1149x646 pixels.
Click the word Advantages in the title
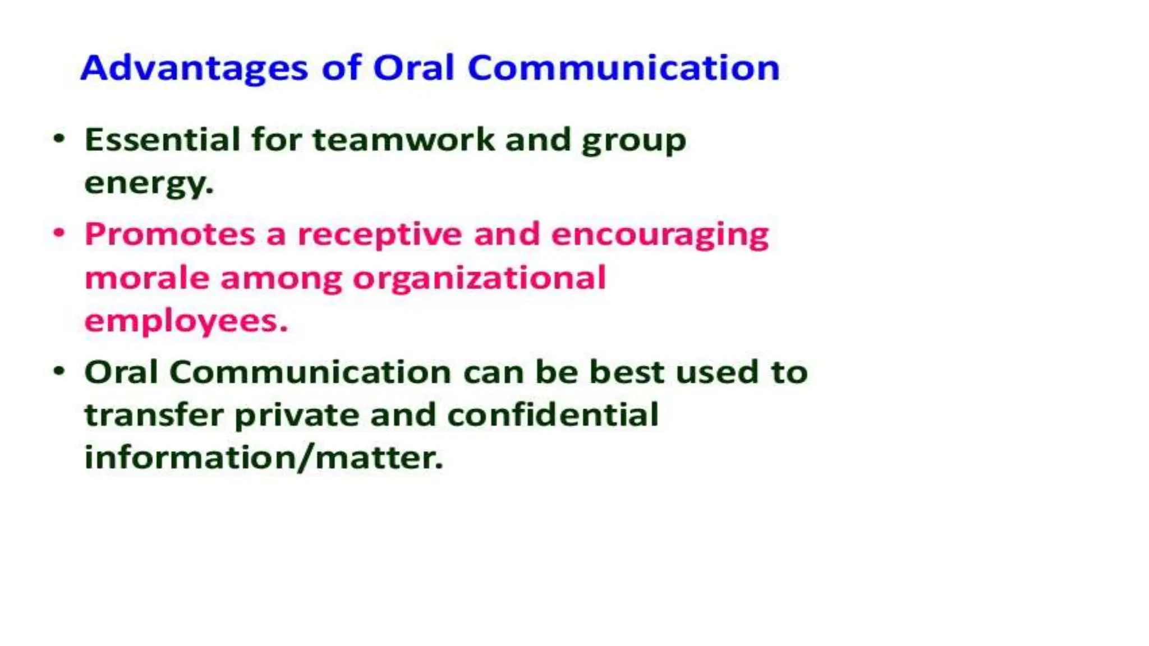(194, 68)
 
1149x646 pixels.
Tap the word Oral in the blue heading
(413, 68)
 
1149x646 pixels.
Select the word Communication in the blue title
(623, 68)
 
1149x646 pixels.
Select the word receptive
(379, 234)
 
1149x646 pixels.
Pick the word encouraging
(660, 234)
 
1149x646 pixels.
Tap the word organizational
(480, 278)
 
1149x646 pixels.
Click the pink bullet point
(59, 233)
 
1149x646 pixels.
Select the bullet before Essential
(59, 139)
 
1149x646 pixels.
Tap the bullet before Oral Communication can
(59, 371)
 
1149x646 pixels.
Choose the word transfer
(154, 416)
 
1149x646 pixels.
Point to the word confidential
(553, 416)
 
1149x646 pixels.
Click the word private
(296, 416)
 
